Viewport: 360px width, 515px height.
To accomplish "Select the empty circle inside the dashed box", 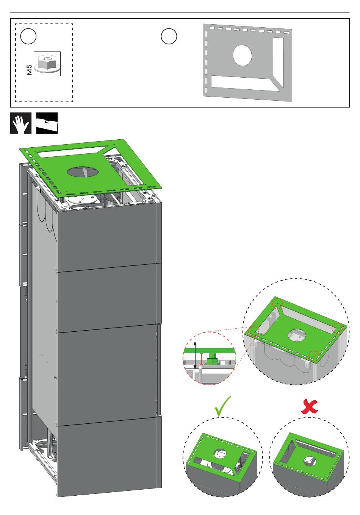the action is click(x=28, y=36).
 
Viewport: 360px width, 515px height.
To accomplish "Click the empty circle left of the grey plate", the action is click(x=169, y=36).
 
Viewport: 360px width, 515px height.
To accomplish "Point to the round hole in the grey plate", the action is click(x=242, y=55).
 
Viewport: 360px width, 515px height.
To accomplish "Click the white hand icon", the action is click(x=20, y=123).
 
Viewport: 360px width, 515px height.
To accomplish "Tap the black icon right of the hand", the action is click(x=47, y=123).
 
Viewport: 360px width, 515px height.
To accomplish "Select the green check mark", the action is click(x=222, y=406).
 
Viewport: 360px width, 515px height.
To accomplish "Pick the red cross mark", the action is click(x=310, y=407).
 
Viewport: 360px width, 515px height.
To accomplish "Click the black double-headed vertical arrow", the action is click(x=195, y=355).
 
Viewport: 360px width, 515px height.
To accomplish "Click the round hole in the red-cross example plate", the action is click(x=310, y=460).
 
